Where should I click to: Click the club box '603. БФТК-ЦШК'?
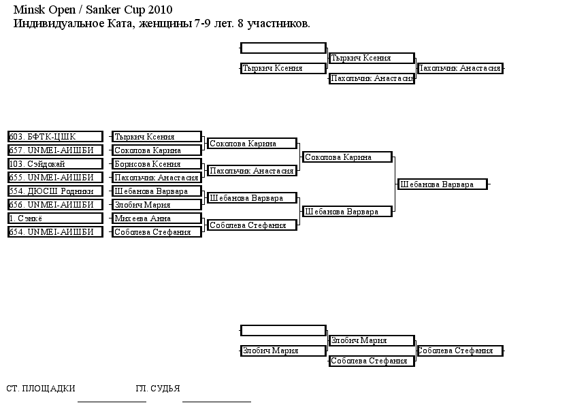[55, 137]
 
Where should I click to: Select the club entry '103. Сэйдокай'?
[55, 164]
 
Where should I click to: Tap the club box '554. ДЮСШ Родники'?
[55, 191]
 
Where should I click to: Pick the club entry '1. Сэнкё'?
[55, 218]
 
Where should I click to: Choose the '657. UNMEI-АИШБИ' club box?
[55, 150]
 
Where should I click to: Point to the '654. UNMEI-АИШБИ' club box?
[55, 231]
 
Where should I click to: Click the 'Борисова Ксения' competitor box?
[157, 164]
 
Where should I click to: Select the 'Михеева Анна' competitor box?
[157, 218]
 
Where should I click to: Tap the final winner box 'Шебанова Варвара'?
[442, 184]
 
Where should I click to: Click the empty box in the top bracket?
[283, 48]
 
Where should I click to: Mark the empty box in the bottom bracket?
[283, 330]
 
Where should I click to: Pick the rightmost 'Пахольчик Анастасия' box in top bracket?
[460, 68]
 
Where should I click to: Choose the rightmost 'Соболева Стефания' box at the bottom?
[460, 351]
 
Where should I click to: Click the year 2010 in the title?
[160, 10]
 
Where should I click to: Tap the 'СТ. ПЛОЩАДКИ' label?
[41, 388]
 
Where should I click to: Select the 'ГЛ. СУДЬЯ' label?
[157, 388]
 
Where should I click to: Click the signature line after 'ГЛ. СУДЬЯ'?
[216, 402]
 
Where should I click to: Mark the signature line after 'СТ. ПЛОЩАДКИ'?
[112, 402]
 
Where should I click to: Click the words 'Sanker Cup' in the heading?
[116, 10]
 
